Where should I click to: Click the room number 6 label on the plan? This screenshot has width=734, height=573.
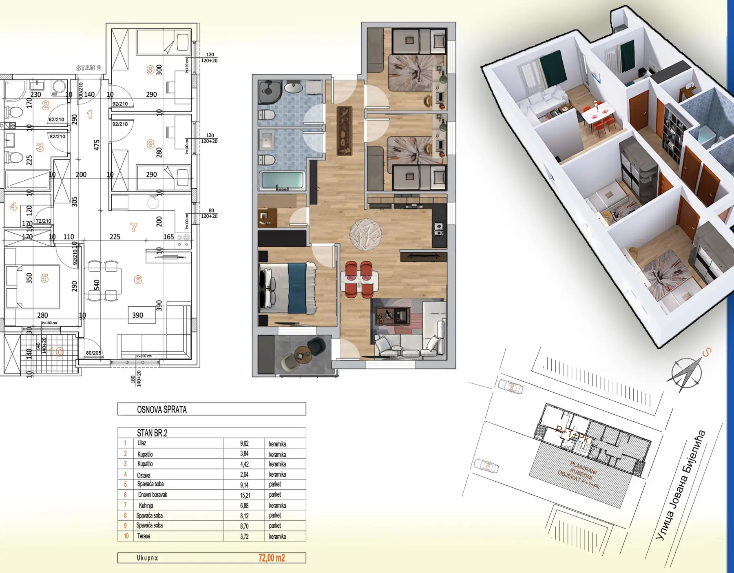point(138,280)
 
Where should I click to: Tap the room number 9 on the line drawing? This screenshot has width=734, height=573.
point(150,70)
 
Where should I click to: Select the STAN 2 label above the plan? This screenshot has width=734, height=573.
point(88,68)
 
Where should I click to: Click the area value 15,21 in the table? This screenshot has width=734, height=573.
point(245,495)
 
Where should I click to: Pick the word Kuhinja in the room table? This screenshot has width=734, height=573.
point(146,505)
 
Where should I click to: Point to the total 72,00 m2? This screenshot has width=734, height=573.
point(272,558)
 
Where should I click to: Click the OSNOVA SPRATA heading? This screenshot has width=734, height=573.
point(162,409)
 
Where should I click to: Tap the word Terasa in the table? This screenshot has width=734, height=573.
point(144,536)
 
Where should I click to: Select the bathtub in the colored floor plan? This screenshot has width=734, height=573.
point(282,181)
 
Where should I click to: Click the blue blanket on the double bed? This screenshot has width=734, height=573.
point(296,288)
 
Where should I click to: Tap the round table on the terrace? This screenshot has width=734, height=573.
point(302,353)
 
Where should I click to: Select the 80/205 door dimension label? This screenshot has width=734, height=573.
point(93,353)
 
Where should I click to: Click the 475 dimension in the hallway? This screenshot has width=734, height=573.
point(97,145)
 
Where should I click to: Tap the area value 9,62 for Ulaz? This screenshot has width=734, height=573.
point(244,443)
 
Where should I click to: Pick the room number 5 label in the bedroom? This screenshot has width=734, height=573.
point(45,278)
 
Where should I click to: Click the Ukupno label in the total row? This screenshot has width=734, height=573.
point(148,558)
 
